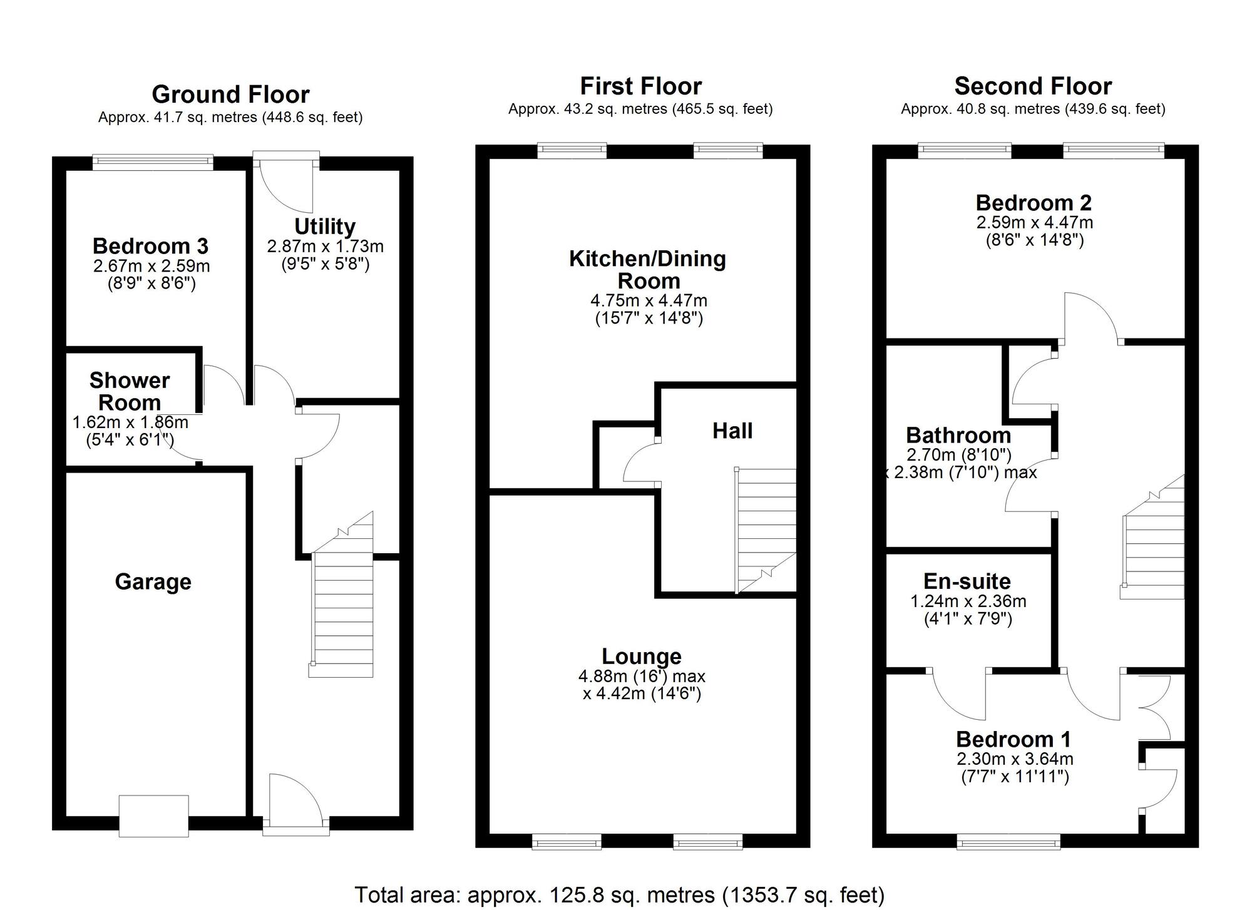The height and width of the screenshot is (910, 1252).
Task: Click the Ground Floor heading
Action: click(230, 95)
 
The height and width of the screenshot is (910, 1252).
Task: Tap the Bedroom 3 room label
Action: click(150, 246)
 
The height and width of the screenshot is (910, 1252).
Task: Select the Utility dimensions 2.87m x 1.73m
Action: click(325, 247)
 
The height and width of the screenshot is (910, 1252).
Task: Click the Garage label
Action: click(153, 582)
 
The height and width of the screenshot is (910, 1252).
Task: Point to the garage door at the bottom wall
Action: click(153, 815)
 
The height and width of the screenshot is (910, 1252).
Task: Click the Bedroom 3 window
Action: click(153, 162)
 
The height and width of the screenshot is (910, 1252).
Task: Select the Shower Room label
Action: click(130, 391)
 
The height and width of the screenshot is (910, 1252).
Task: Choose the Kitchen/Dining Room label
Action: click(647, 270)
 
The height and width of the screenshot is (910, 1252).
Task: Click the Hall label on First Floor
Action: click(732, 431)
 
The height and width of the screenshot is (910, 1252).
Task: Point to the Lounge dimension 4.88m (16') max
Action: click(642, 677)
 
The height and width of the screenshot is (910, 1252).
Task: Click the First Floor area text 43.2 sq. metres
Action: click(640, 109)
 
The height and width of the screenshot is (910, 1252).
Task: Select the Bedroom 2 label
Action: click(1034, 203)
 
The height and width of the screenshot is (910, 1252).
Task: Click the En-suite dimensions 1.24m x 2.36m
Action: click(968, 601)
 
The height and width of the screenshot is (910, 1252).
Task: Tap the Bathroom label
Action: click(958, 435)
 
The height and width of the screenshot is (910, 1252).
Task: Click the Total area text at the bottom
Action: click(620, 895)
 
